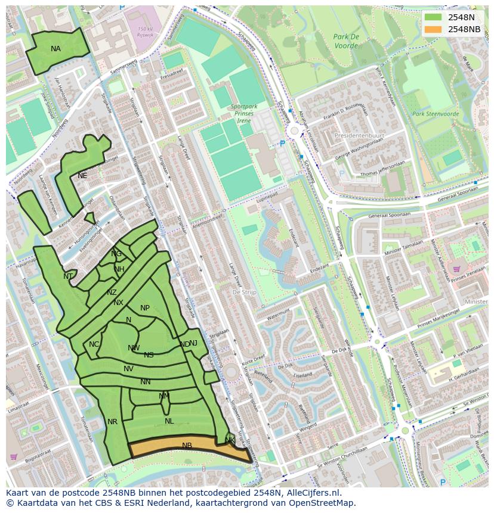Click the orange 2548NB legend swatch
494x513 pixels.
(x=434, y=29)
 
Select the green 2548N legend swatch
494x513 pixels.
(x=434, y=17)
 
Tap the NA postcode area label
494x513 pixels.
(x=55, y=49)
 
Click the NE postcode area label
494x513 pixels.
(x=82, y=176)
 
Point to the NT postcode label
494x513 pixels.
(x=68, y=276)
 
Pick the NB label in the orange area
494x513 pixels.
(x=187, y=446)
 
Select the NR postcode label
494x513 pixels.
(x=112, y=422)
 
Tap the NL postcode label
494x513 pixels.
(x=169, y=421)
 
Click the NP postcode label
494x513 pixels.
(x=145, y=308)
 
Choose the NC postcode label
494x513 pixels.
(x=94, y=344)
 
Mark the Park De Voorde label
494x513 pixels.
(x=346, y=41)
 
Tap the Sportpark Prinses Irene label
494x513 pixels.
(x=243, y=113)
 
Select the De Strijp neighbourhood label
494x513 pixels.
(x=245, y=293)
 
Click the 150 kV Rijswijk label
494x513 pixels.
(x=146, y=32)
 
